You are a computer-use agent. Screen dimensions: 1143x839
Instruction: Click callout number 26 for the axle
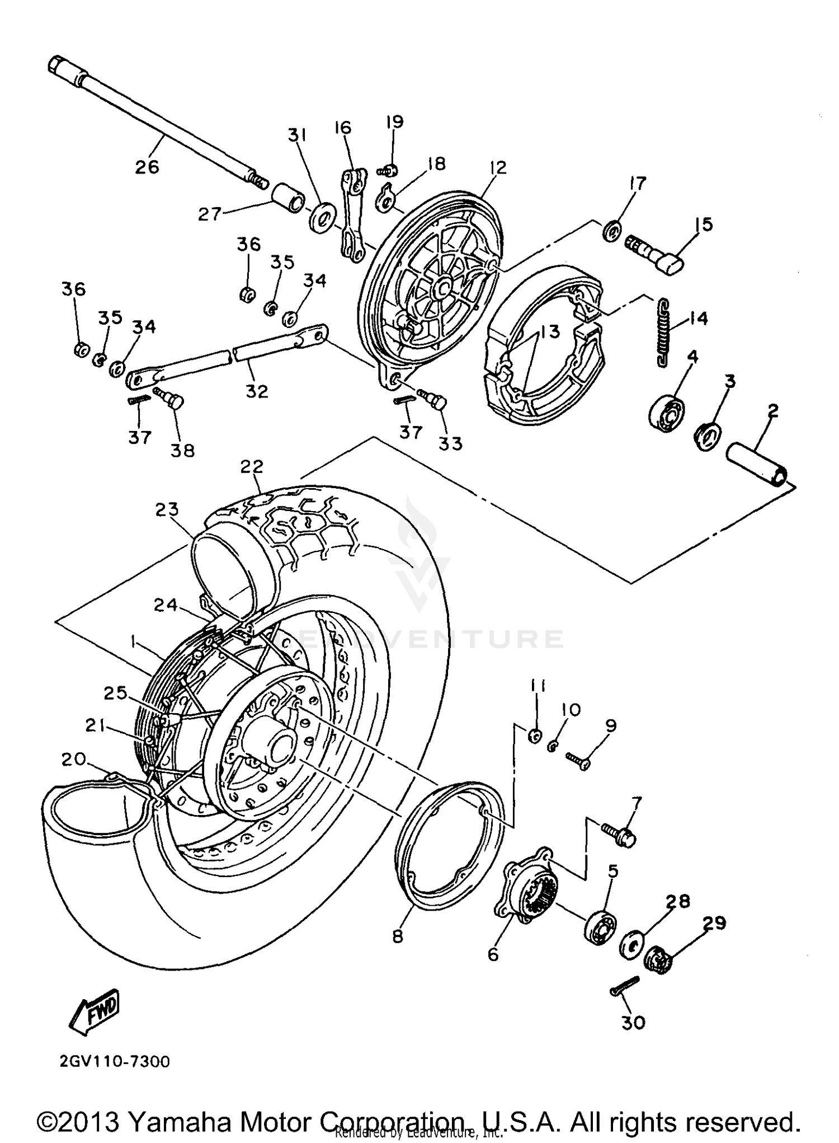coord(147,166)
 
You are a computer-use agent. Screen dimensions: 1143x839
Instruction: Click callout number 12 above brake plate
coord(497,167)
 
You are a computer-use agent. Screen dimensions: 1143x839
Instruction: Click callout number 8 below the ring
coord(398,936)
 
